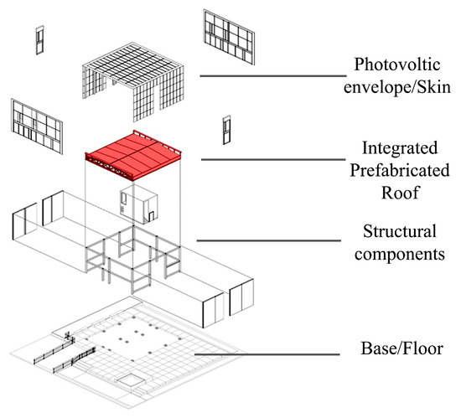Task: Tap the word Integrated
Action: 398,149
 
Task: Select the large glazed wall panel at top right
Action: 227,36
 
